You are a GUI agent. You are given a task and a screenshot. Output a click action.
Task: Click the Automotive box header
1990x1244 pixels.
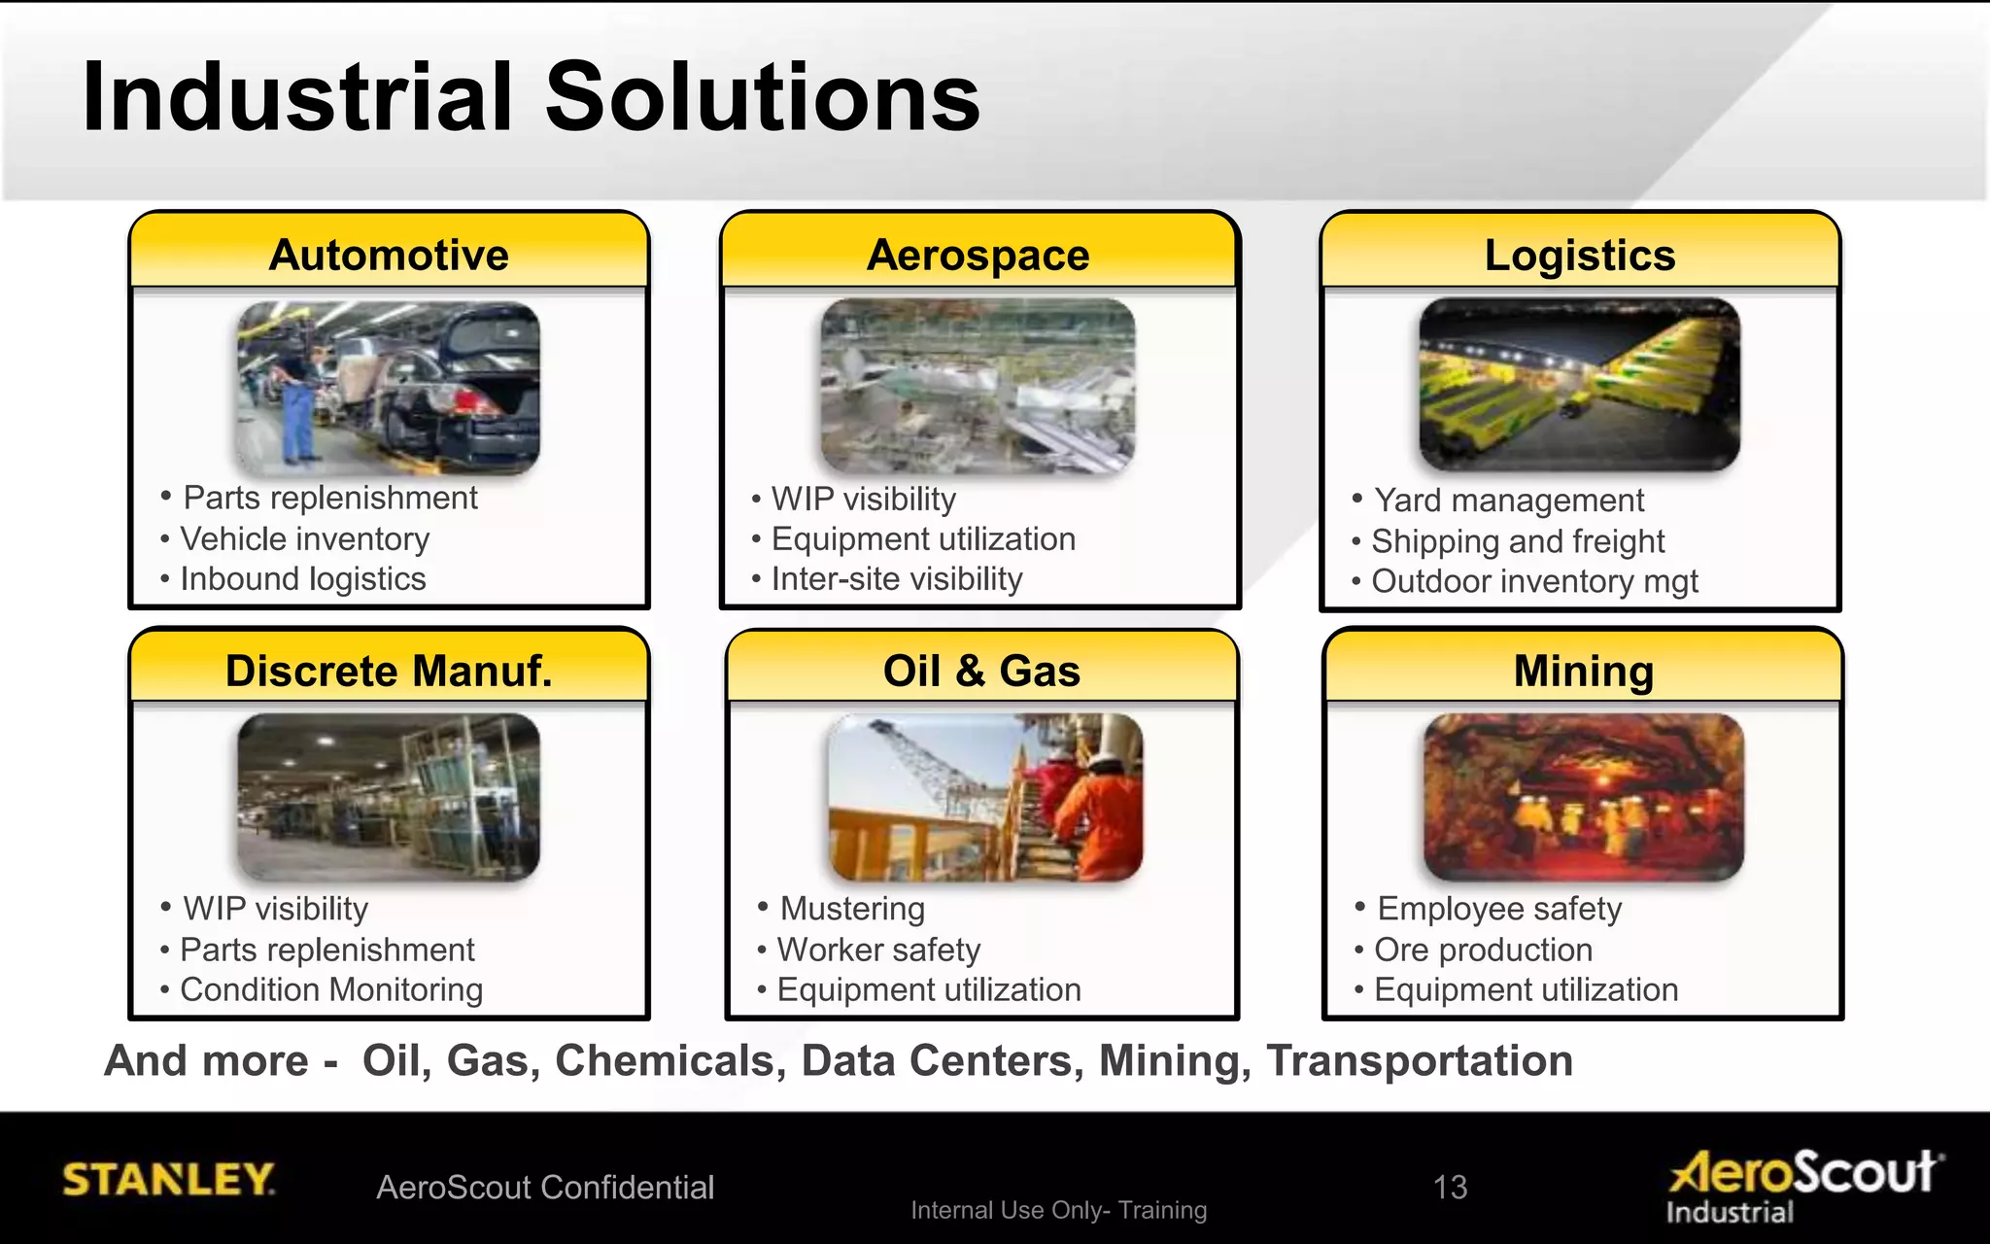pyautogui.click(x=389, y=255)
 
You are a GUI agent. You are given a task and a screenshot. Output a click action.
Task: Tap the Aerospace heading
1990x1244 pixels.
pyautogui.click(x=978, y=255)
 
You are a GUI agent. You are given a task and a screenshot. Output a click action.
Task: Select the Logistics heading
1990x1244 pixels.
pyautogui.click(x=1580, y=255)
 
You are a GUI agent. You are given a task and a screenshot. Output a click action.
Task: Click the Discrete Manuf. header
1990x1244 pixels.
pyautogui.click(x=389, y=671)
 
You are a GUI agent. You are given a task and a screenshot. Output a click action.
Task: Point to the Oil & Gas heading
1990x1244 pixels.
pyautogui.click(x=981, y=671)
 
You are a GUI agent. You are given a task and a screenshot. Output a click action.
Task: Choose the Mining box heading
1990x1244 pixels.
pyautogui.click(x=1583, y=671)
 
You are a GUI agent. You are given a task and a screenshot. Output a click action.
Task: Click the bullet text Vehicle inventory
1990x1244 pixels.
pyautogui.click(x=304, y=538)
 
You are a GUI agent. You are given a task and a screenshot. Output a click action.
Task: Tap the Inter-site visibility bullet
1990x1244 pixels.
pyautogui.click(x=896, y=579)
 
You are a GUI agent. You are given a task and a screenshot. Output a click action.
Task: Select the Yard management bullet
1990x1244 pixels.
pyautogui.click(x=1508, y=501)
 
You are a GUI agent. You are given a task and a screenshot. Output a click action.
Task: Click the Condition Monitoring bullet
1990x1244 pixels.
pyautogui.click(x=330, y=989)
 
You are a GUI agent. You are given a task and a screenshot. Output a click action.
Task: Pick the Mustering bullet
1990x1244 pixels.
pyautogui.click(x=852, y=909)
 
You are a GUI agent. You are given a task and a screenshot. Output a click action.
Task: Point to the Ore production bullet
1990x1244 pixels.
pyautogui.click(x=1483, y=950)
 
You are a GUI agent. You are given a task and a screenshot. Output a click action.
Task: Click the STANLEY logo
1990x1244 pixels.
pyautogui.click(x=168, y=1179)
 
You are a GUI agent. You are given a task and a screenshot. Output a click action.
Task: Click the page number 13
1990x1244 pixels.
pyautogui.click(x=1450, y=1187)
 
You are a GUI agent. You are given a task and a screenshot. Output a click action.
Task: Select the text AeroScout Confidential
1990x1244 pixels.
pyautogui.click(x=545, y=1188)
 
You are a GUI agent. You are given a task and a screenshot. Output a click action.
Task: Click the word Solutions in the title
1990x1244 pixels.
pyautogui.click(x=763, y=97)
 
